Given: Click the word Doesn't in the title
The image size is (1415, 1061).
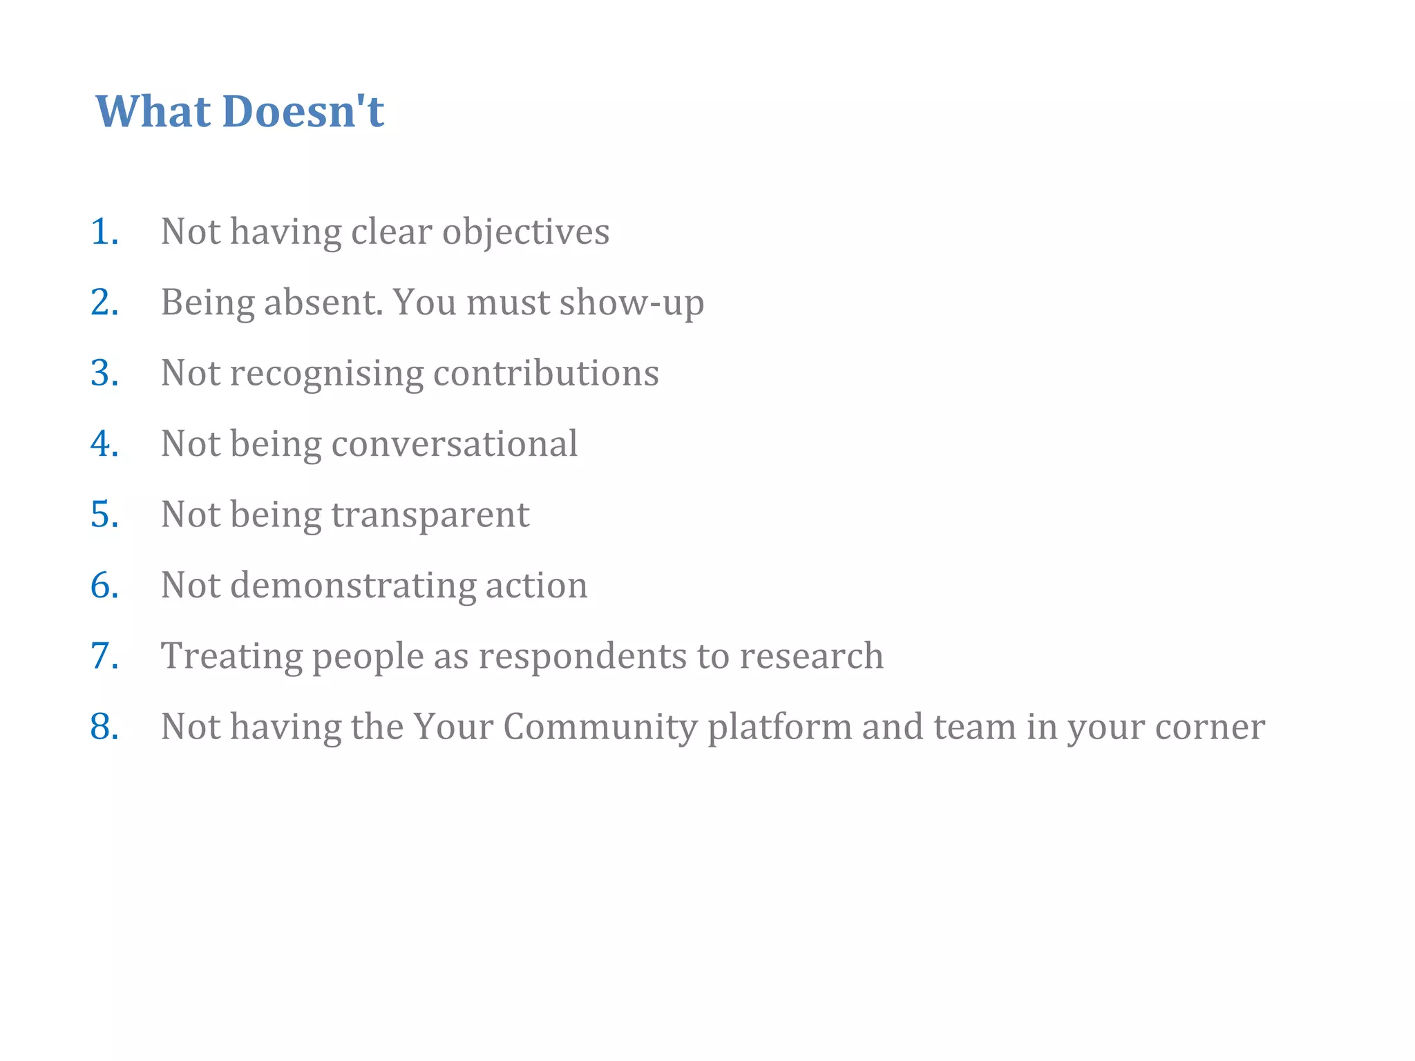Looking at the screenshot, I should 303,111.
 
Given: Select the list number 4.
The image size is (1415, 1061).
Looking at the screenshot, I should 104,443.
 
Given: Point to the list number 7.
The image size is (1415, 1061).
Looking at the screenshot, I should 104,656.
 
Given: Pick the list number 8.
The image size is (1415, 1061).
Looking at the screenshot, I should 104,727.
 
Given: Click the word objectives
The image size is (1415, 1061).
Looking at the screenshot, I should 526,233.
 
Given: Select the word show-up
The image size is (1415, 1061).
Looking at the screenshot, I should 631,304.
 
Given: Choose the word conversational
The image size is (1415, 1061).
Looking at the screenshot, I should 454,443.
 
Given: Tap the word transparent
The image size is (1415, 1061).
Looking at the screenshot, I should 430,515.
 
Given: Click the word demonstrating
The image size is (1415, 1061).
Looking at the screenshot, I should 352,586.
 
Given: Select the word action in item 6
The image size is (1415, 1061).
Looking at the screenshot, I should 536,586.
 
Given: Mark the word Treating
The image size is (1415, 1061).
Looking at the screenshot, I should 231,657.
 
